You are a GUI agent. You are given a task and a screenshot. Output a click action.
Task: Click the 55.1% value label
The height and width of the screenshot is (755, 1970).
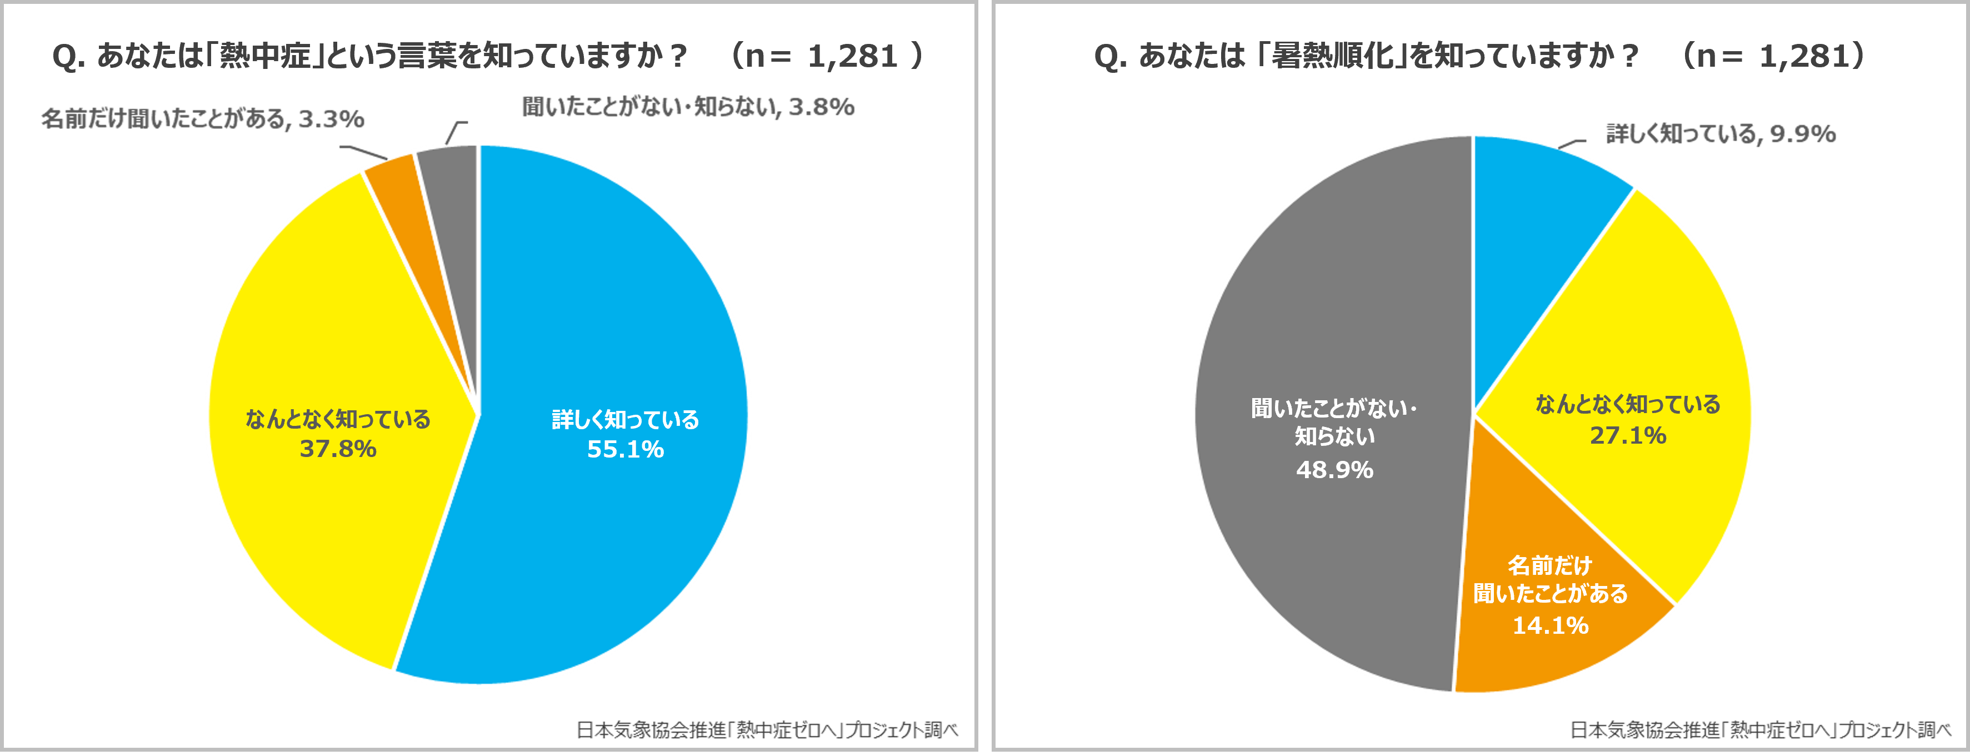(625, 449)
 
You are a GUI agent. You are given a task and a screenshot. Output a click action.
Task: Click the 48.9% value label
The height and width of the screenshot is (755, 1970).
(1334, 470)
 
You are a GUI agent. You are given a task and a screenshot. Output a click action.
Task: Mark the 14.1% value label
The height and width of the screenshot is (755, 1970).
(1550, 625)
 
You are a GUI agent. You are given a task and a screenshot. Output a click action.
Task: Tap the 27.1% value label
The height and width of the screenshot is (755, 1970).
(1627, 435)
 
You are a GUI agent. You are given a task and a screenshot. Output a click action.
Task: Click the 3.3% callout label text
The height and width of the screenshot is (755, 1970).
(203, 118)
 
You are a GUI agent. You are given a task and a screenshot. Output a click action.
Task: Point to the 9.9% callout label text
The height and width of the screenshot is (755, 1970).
(1721, 134)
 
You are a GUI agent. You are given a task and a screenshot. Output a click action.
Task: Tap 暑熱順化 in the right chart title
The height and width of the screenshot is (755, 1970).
(1332, 56)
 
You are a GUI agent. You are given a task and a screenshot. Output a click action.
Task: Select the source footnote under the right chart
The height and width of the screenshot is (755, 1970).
(1761, 730)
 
